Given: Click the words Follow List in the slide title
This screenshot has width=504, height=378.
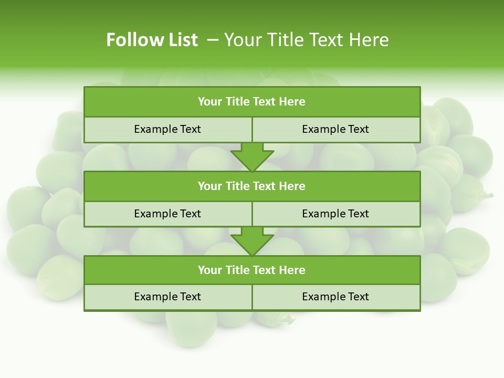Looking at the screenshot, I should [152, 40].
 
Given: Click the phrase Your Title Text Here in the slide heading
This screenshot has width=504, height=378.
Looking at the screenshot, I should [306, 40].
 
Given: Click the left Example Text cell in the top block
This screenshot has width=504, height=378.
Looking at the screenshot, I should [167, 129].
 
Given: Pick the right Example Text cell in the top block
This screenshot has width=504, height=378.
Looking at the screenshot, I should [335, 129].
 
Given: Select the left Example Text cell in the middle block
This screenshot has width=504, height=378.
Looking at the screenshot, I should [167, 214].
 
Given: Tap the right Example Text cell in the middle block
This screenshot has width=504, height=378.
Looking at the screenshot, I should [335, 214].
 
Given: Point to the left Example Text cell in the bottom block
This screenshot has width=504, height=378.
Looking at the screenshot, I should [167, 297].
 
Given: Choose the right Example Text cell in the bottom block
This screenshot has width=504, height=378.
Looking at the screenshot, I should [335, 297].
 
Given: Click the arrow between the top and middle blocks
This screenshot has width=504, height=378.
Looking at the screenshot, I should [252, 157].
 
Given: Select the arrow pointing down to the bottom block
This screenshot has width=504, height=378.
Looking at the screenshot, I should [252, 241].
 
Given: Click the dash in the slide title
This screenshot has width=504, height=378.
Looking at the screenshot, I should [213, 40].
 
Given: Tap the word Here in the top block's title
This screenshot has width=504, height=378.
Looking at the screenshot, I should [292, 102].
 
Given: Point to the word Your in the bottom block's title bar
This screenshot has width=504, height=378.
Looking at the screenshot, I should [210, 270].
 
